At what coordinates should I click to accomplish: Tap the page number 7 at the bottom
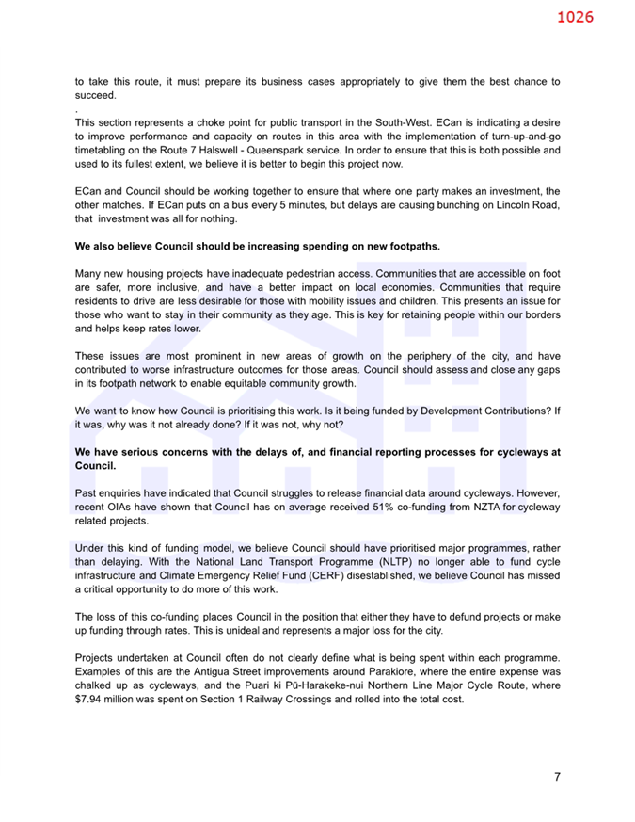pos(557,777)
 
